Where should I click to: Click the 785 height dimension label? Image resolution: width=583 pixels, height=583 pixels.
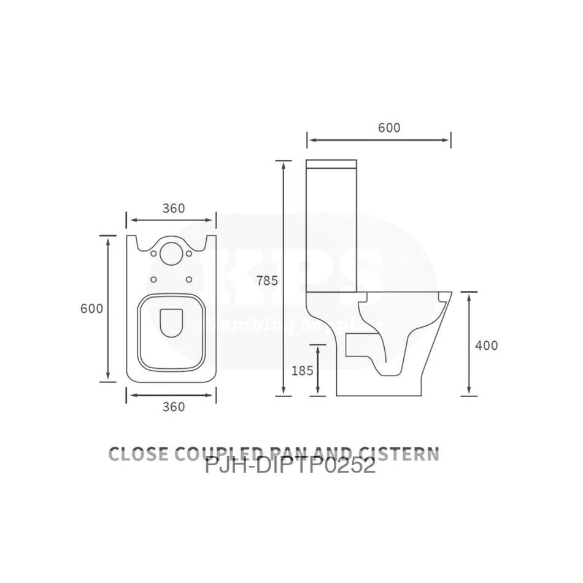[268, 281]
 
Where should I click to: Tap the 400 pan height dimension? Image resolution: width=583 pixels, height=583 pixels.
[487, 345]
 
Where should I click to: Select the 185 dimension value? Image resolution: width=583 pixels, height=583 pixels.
[303, 370]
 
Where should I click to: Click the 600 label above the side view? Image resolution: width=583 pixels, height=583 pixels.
[388, 128]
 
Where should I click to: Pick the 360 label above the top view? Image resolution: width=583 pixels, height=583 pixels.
[174, 208]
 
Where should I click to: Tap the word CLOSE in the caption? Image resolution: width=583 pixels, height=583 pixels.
[138, 454]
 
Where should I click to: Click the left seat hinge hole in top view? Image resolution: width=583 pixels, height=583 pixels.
[153, 280]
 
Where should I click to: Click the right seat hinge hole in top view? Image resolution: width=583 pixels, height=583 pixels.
[189, 280]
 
